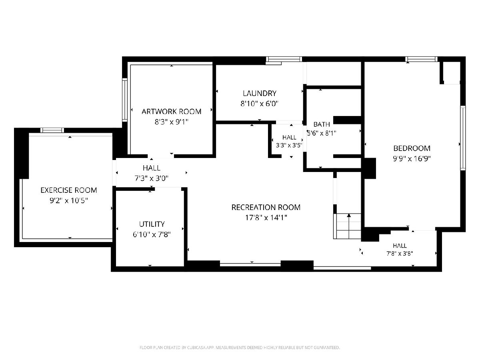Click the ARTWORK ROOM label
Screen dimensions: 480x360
pyautogui.click(x=171, y=112)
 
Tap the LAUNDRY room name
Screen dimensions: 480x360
pyautogui.click(x=260, y=93)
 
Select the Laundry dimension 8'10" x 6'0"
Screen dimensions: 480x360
pyautogui.click(x=259, y=103)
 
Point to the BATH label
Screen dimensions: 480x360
pyautogui.click(x=322, y=124)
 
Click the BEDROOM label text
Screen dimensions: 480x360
pyautogui.click(x=412, y=148)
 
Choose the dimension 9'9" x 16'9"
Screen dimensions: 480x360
pyautogui.click(x=412, y=158)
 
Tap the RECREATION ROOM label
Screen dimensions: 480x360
pyautogui.click(x=266, y=207)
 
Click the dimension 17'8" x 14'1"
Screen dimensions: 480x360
pyautogui.click(x=266, y=218)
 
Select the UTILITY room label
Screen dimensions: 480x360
pyautogui.click(x=152, y=224)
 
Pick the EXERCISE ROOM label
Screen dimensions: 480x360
pyautogui.click(x=69, y=190)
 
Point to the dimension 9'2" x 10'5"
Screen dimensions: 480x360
pyautogui.click(x=69, y=200)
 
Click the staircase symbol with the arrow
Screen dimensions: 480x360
pyautogui.click(x=347, y=226)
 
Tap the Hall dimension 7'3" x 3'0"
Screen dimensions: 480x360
pyautogui.click(x=152, y=178)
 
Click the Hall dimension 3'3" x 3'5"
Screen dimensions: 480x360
pyautogui.click(x=289, y=145)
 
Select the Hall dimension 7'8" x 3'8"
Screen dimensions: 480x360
pyautogui.click(x=400, y=254)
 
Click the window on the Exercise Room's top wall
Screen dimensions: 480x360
pyautogui.click(x=52, y=130)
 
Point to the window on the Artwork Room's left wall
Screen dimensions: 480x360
pyautogui.click(x=125, y=100)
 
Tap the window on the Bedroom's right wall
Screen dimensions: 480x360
pyautogui.click(x=463, y=138)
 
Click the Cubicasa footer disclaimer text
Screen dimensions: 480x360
pyautogui.click(x=240, y=348)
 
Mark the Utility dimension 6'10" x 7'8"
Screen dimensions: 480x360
pyautogui.click(x=152, y=234)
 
